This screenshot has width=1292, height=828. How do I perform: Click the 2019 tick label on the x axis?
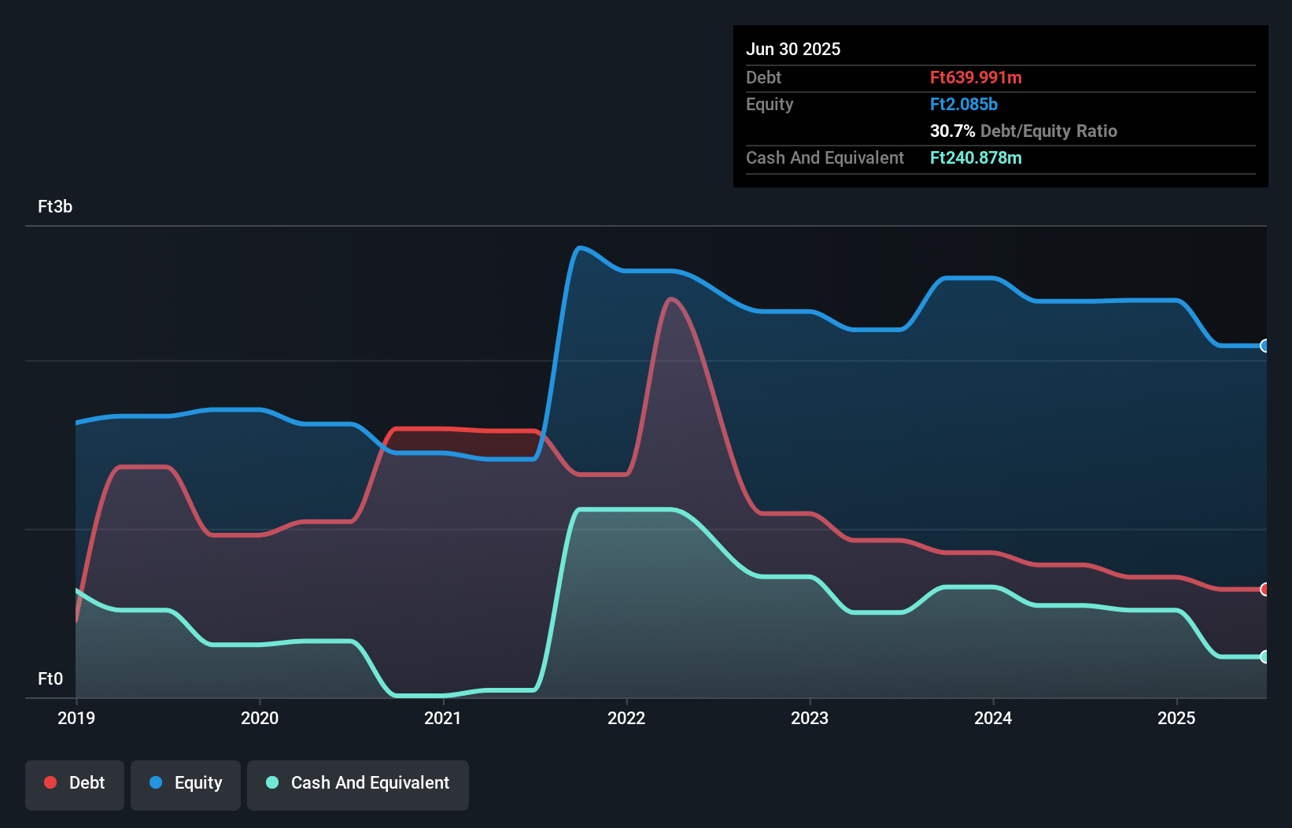pos(76,718)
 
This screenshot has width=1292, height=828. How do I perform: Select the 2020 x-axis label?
pos(260,718)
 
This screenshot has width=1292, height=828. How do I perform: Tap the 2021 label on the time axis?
pos(443,718)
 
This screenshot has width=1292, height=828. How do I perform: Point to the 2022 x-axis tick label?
pos(626,718)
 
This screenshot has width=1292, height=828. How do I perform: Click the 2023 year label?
pos(810,718)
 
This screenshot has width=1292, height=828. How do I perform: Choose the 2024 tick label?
pos(993,718)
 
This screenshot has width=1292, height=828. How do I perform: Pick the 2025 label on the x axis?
pos(1176,718)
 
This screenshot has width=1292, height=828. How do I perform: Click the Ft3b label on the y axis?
pos(55,206)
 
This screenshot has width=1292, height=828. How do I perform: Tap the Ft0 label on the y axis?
pos(50,678)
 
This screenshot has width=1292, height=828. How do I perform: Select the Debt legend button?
pos(75,783)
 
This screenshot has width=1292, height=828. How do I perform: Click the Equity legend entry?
pos(186,783)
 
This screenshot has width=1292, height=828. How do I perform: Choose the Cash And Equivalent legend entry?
pos(358,783)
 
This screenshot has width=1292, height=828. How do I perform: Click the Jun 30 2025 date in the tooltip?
pos(793,49)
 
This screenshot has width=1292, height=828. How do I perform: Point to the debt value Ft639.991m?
pos(976,77)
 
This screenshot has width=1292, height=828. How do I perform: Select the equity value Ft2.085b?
pos(963,104)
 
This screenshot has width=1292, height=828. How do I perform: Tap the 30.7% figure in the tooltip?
pos(952,131)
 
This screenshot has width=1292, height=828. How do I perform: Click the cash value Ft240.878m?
pos(976,157)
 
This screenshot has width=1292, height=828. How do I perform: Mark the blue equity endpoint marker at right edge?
pos(1264,346)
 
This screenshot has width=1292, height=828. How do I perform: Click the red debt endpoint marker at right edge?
pos(1264,590)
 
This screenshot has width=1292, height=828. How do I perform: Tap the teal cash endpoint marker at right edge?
pos(1264,656)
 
